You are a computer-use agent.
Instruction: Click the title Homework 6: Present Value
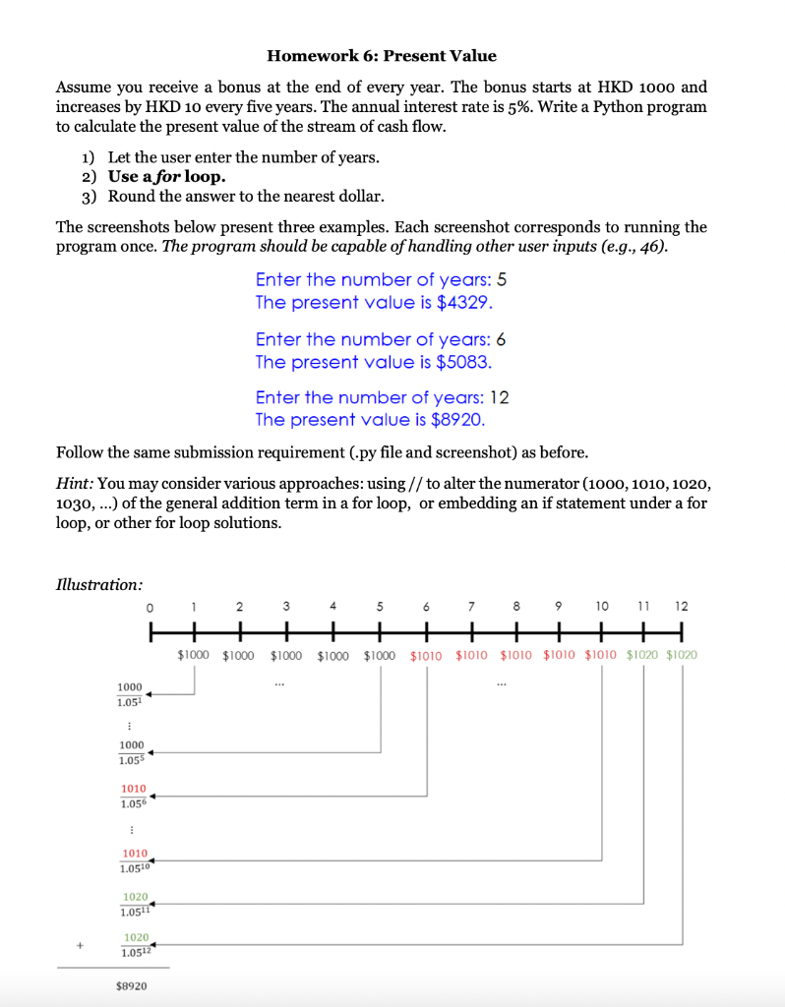(x=382, y=56)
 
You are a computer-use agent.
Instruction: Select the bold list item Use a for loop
(x=166, y=177)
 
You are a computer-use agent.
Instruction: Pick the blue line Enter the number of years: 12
(x=382, y=397)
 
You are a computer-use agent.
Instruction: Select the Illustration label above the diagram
(x=98, y=585)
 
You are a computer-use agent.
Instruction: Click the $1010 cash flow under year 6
(x=426, y=654)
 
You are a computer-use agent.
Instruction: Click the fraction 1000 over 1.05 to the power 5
(x=130, y=752)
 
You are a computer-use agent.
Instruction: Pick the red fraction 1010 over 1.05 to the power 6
(x=133, y=796)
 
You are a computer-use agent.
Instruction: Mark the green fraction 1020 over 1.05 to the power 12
(x=136, y=945)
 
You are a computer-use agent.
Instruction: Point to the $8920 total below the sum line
(x=132, y=984)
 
